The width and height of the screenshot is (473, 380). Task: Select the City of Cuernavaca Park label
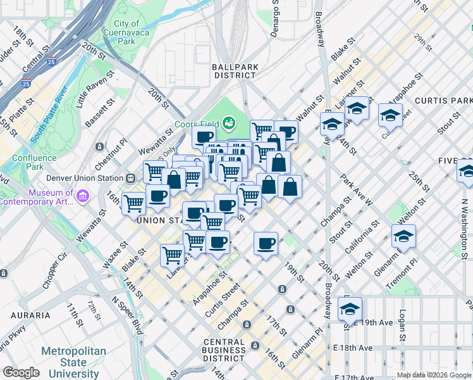tap(126, 32)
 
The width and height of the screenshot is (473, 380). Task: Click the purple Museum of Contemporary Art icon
tap(82, 197)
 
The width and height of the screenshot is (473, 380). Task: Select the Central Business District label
tap(224, 350)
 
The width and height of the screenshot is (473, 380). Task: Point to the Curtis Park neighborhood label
tap(443, 101)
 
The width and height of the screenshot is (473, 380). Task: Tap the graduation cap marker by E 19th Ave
tap(349, 309)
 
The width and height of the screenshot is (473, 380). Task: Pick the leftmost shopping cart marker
tap(134, 203)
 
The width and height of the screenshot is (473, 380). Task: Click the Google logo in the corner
tap(21, 372)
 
